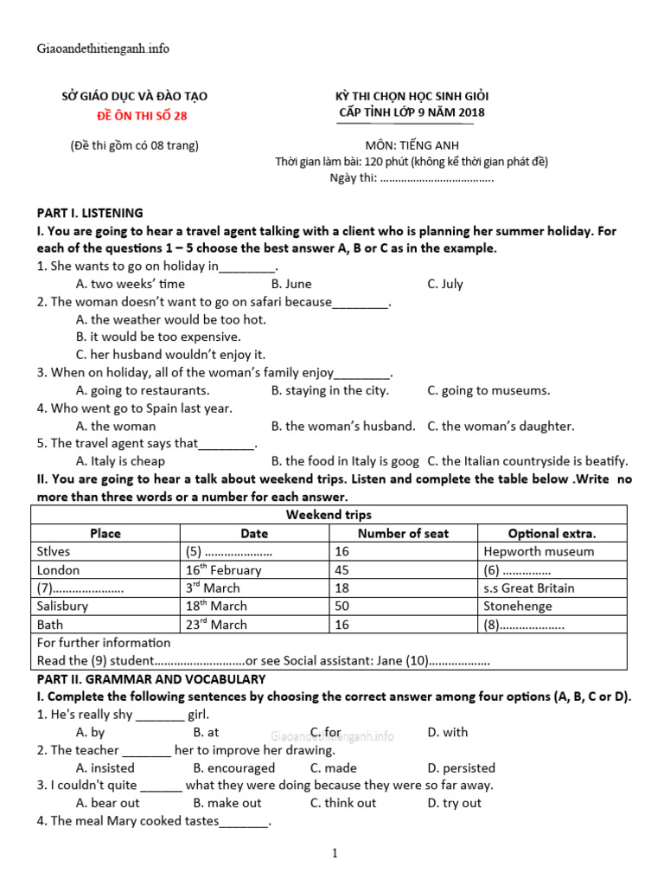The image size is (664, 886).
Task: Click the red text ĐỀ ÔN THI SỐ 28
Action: point(141,115)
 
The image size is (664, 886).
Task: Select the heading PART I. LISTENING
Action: point(90,213)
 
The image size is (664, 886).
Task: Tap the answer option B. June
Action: point(291,284)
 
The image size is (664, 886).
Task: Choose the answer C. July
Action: point(445,284)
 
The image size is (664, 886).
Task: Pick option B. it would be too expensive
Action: point(158,337)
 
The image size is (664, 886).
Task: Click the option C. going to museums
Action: point(488,390)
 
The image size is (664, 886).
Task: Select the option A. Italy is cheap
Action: point(120,461)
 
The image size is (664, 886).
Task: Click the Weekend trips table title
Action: point(329,515)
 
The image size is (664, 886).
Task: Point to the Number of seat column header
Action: point(403,533)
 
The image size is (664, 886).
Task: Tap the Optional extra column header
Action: point(552,533)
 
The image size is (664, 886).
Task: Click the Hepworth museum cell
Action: point(539,551)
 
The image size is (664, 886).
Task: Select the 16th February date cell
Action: point(222,569)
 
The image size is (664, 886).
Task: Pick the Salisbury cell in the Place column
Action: point(62,606)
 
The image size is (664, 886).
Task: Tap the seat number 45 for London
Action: point(342,569)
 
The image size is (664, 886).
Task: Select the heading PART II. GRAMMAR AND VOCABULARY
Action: point(150,679)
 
